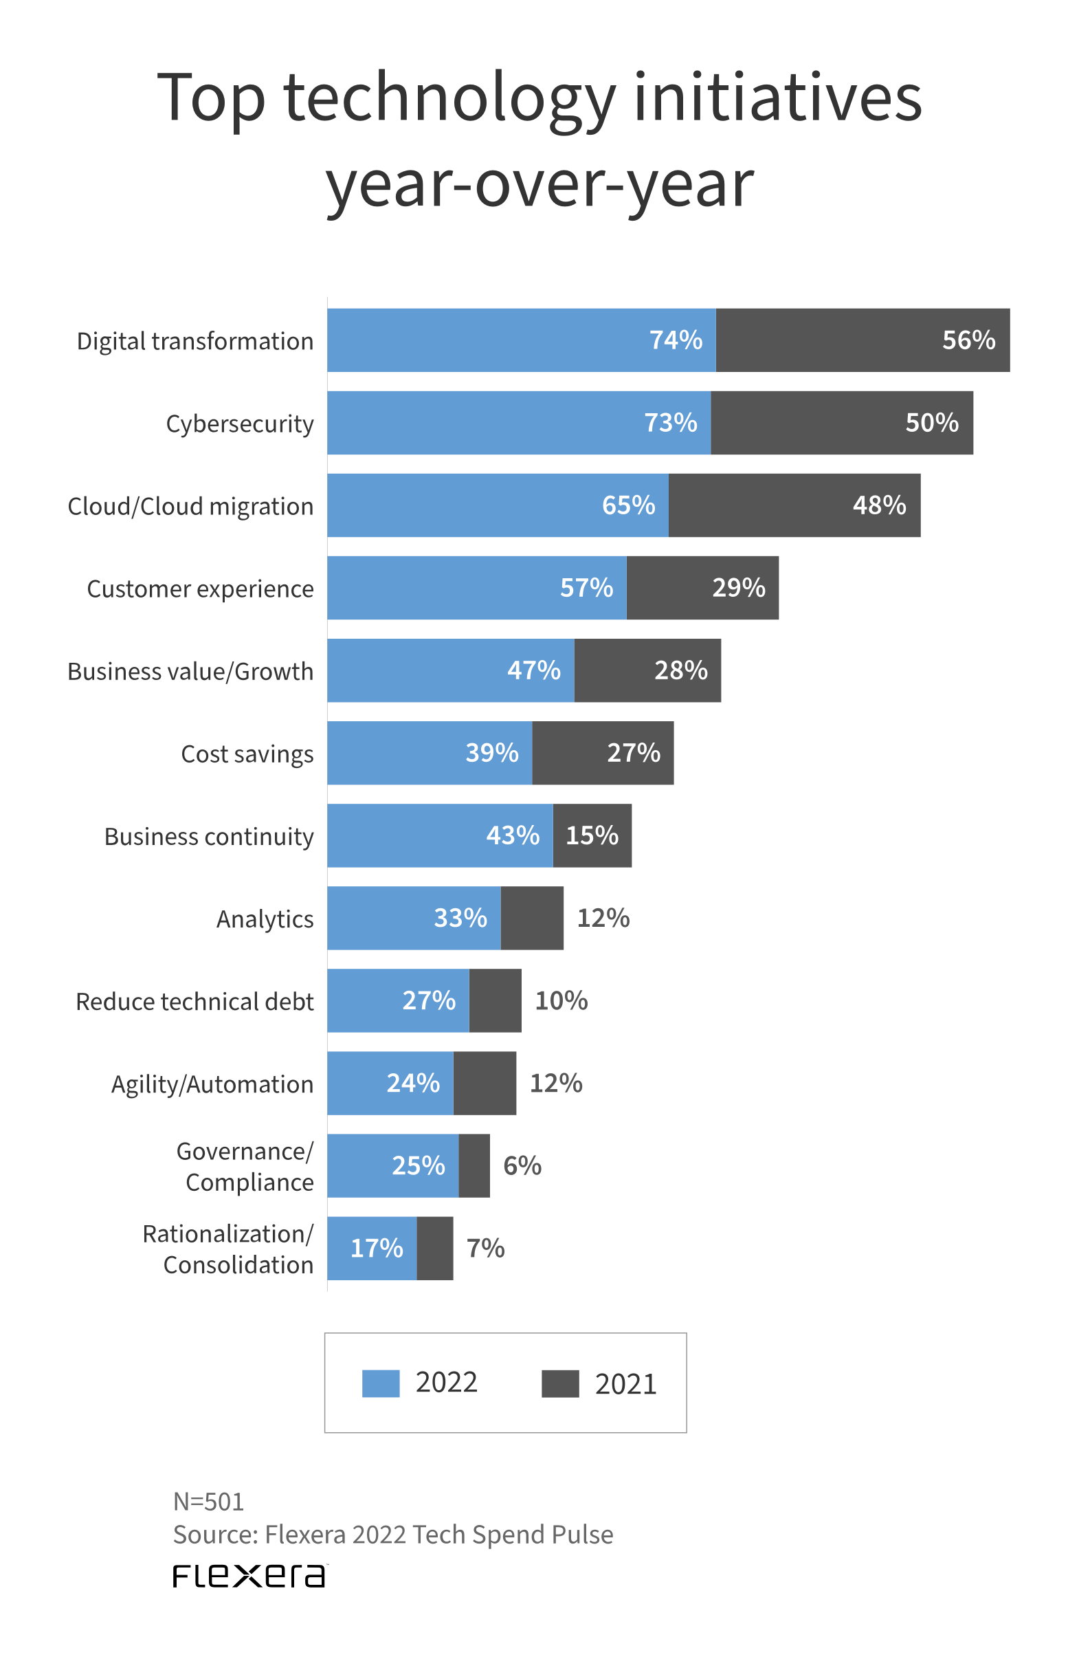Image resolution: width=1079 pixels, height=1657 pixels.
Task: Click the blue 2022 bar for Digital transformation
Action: click(x=487, y=340)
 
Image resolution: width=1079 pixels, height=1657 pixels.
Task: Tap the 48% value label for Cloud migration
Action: click(x=878, y=505)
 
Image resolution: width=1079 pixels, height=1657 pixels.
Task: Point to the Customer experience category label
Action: click(x=200, y=589)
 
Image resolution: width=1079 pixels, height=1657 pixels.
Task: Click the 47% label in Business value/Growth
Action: click(x=533, y=670)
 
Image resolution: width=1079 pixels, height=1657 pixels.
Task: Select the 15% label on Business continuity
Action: click(x=592, y=835)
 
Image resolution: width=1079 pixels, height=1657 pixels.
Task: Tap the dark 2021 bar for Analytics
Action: click(x=532, y=918)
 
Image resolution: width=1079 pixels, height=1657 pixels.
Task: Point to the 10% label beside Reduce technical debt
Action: click(x=561, y=1000)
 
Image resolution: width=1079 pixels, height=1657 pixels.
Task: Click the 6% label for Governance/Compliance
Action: click(x=522, y=1165)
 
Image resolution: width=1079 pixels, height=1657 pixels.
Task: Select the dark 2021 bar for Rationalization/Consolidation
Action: click(x=434, y=1249)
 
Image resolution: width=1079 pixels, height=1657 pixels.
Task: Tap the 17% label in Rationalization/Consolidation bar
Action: click(x=377, y=1249)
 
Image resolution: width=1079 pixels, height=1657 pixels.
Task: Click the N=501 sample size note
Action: click(x=208, y=1502)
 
